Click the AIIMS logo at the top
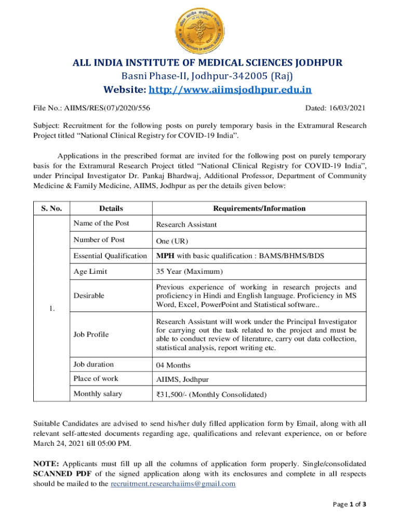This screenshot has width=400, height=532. [199, 25]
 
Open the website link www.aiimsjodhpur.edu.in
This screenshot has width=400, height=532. [230, 90]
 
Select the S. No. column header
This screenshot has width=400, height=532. [51, 208]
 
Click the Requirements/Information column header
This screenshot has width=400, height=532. [259, 208]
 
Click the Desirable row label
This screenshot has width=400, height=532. [89, 296]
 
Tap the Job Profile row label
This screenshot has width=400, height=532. [91, 335]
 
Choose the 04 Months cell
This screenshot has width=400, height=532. [173, 365]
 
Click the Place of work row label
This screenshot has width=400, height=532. [96, 379]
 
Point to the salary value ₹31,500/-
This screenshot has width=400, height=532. [172, 395]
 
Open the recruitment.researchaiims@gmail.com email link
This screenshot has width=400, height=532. [174, 484]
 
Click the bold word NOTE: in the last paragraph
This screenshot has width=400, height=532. [46, 463]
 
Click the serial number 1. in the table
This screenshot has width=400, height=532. [51, 309]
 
